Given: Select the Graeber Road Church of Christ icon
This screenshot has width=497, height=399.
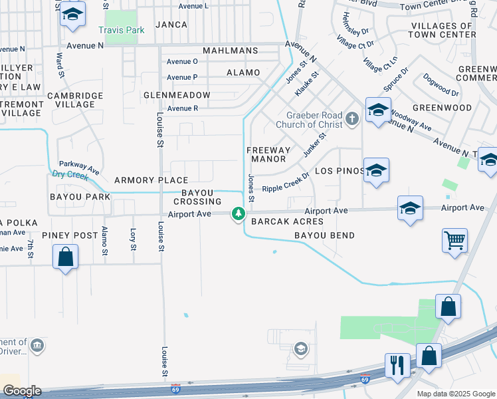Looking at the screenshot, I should coord(352,118).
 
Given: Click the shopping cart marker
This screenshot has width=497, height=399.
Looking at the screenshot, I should coord(454,241).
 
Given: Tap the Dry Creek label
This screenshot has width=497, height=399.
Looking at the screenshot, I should coord(70,176).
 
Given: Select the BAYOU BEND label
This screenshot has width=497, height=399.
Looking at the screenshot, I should coord(325,235).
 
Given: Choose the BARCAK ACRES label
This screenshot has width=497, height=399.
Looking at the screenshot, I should coord(288,221).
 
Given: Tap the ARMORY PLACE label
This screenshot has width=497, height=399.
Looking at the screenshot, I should coord(151,180).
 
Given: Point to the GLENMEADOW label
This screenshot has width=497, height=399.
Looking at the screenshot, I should coord(177,95).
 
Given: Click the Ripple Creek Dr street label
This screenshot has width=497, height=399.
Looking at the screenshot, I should coord(286,184).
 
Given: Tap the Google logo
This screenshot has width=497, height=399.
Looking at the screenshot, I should coord(22,391).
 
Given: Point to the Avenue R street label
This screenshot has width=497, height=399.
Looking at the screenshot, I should coord(183,108).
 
